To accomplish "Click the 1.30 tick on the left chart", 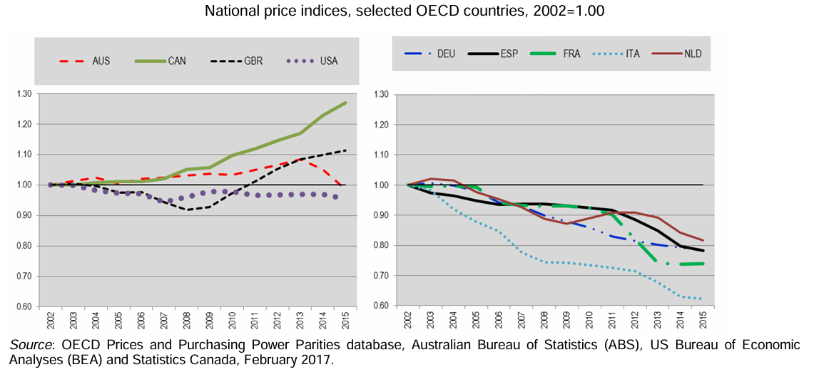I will tap(26, 94).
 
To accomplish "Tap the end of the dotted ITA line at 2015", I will tap(703, 299).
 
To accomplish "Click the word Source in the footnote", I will tap(26, 346).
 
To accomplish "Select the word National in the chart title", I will tap(230, 11).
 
